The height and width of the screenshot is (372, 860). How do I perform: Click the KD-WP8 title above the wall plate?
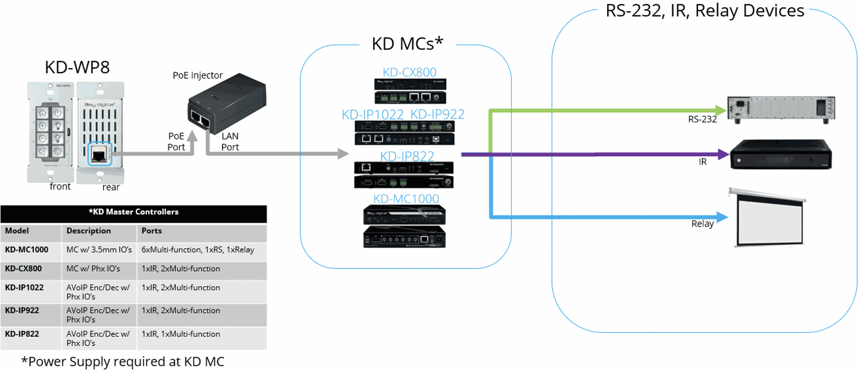77,67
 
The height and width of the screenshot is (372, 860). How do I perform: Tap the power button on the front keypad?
58,113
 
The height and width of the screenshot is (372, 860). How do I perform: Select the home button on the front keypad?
43,113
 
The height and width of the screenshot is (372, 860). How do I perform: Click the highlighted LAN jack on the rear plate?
99,154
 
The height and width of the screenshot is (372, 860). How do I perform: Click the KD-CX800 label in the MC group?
409,72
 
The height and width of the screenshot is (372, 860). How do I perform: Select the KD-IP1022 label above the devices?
373,115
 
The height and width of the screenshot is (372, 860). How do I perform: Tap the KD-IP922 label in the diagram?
437,115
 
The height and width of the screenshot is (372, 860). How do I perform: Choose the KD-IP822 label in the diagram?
407,156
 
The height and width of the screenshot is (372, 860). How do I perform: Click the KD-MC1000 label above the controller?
406,199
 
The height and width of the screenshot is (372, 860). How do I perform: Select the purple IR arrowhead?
724,154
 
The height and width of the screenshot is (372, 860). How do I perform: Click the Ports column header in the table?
152,231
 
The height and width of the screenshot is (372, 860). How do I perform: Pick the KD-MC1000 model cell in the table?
27,249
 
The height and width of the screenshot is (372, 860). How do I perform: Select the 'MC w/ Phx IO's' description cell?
93,269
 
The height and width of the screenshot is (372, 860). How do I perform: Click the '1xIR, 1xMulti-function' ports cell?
181,334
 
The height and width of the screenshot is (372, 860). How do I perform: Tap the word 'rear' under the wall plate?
111,187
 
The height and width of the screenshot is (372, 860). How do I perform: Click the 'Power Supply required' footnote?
123,362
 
